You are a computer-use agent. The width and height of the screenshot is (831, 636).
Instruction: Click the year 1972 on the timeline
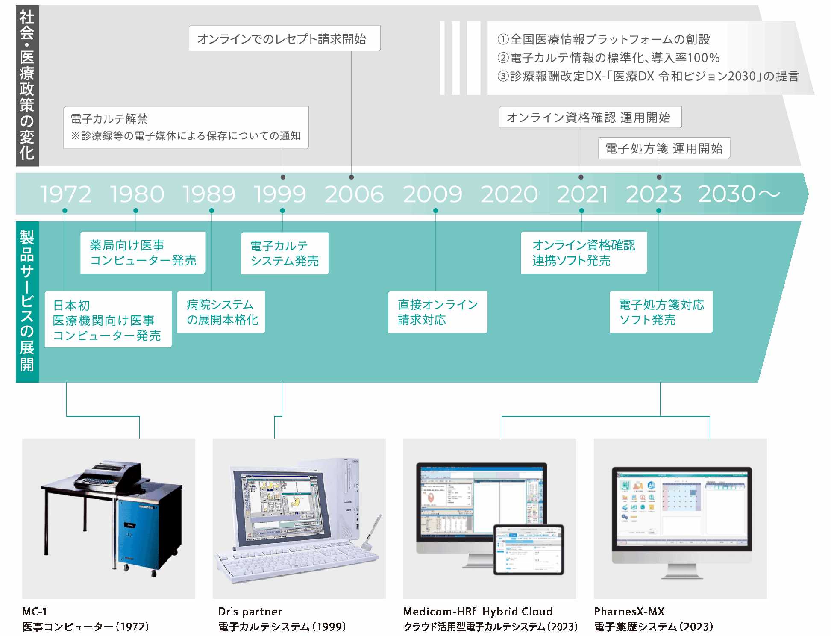coord(66,194)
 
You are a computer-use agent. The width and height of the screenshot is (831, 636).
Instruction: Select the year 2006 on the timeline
coord(354,194)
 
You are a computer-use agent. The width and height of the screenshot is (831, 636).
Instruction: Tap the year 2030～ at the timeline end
coord(739,194)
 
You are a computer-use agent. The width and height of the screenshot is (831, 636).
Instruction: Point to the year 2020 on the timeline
coord(509,194)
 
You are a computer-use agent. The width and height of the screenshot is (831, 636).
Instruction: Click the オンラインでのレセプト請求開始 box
coord(285,39)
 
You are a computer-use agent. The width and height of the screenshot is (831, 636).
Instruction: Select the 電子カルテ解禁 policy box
coord(186,127)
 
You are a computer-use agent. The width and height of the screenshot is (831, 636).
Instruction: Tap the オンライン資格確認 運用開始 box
coord(590,118)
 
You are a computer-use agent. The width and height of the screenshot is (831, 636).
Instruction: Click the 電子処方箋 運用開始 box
coord(664,148)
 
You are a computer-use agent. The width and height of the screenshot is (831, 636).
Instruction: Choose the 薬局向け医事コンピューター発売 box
coord(143,253)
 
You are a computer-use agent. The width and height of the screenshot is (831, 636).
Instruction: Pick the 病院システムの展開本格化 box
coord(221,312)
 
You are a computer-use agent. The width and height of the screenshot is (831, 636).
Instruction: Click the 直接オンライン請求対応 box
coord(438,312)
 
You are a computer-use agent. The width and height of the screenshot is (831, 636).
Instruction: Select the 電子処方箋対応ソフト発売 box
coord(661,312)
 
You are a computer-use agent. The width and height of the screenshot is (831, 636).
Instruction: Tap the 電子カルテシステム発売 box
coord(285,253)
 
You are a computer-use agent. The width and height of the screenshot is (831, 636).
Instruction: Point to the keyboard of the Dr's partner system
coord(295,560)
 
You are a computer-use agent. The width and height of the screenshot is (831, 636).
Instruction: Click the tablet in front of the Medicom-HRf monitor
coord(529,550)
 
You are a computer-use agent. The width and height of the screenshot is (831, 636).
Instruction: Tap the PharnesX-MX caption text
coord(629,612)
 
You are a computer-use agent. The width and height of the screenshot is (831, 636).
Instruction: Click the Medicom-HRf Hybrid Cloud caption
coord(478,612)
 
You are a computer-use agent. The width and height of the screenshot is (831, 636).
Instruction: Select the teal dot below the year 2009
coord(435,211)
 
